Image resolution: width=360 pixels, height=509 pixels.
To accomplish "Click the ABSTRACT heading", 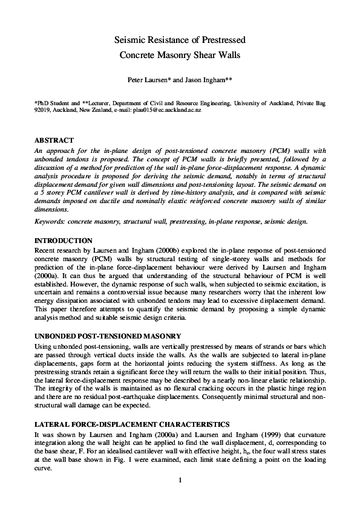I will (54, 140).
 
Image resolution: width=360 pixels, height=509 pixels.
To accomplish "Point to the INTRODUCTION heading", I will (64, 241).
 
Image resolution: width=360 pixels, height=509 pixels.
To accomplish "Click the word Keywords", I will (51, 221).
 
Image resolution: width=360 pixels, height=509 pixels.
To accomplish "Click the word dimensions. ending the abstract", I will (52, 210).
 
